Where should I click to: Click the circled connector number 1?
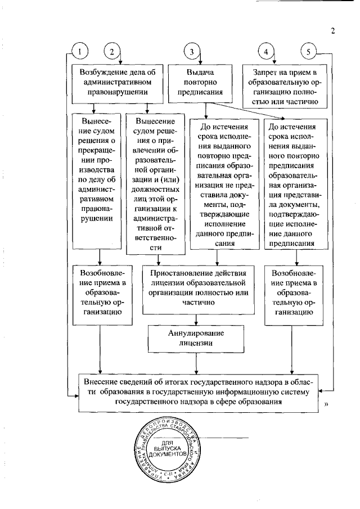point(81,52)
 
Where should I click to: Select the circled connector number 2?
point(112,52)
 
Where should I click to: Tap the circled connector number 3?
point(192,52)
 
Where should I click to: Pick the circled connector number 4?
point(265,52)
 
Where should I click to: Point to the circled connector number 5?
point(308,52)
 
